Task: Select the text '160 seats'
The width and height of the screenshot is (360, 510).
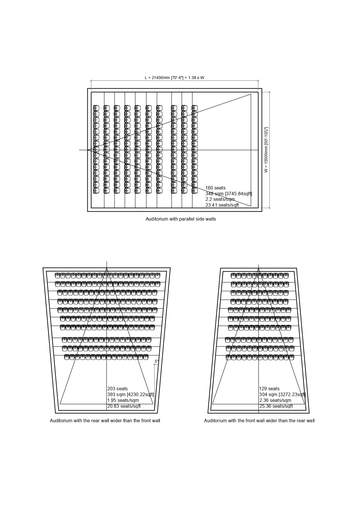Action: point(215,188)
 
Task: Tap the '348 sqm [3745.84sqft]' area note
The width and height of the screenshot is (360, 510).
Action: point(229,194)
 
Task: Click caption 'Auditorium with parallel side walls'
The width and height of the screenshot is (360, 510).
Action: point(181,219)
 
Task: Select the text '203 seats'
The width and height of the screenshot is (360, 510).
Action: point(118,389)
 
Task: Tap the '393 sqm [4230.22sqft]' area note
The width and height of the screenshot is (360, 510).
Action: point(131,395)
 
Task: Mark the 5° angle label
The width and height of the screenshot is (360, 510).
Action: point(157,362)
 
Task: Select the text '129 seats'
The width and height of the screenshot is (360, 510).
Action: point(269,389)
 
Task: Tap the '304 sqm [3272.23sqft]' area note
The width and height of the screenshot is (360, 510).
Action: point(282,395)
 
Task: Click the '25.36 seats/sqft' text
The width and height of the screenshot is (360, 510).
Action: point(276,406)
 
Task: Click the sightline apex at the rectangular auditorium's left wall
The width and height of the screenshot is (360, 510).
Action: point(88,150)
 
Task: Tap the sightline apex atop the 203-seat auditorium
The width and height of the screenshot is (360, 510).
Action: point(107,268)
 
